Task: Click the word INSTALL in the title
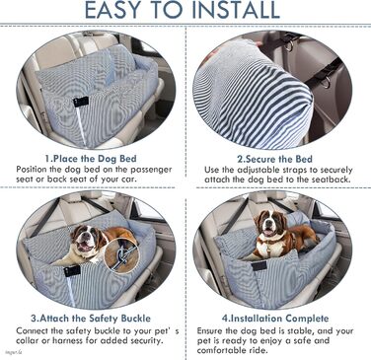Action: click(236, 10)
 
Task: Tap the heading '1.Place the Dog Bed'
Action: click(91, 159)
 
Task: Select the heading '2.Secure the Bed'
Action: click(275, 159)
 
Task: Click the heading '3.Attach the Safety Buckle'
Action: click(91, 319)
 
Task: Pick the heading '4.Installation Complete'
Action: click(275, 319)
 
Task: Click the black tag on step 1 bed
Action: click(81, 102)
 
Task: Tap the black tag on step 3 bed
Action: click(72, 271)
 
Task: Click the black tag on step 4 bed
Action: click(260, 265)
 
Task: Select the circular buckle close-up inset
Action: click(120, 255)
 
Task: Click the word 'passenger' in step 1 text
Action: click(150, 170)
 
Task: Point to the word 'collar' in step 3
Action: click(26, 340)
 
